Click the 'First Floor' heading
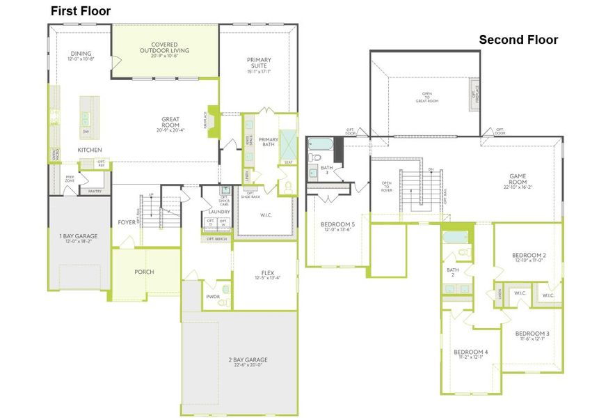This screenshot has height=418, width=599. pyautogui.click(x=80, y=11)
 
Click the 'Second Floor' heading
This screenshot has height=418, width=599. pyautogui.click(x=518, y=40)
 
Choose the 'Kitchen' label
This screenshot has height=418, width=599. pyautogui.click(x=90, y=150)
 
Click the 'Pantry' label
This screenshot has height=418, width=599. pyautogui.click(x=95, y=190)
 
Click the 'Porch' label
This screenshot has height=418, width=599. pyautogui.click(x=144, y=272)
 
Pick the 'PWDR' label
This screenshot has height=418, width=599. pyautogui.click(x=213, y=296)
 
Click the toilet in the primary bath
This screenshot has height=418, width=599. pyautogui.click(x=287, y=187)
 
